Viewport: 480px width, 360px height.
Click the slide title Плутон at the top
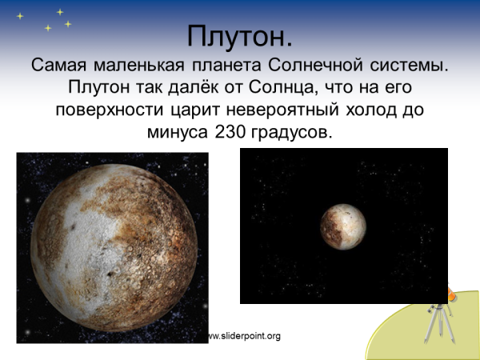(240, 36)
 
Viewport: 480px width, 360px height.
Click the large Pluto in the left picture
(112, 247)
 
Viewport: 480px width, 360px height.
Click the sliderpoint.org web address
(244, 336)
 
